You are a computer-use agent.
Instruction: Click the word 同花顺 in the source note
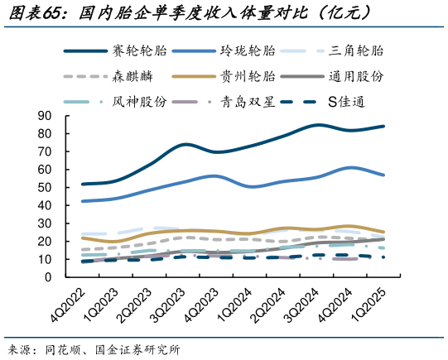click(63, 348)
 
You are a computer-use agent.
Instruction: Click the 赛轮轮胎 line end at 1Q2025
click(383, 127)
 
